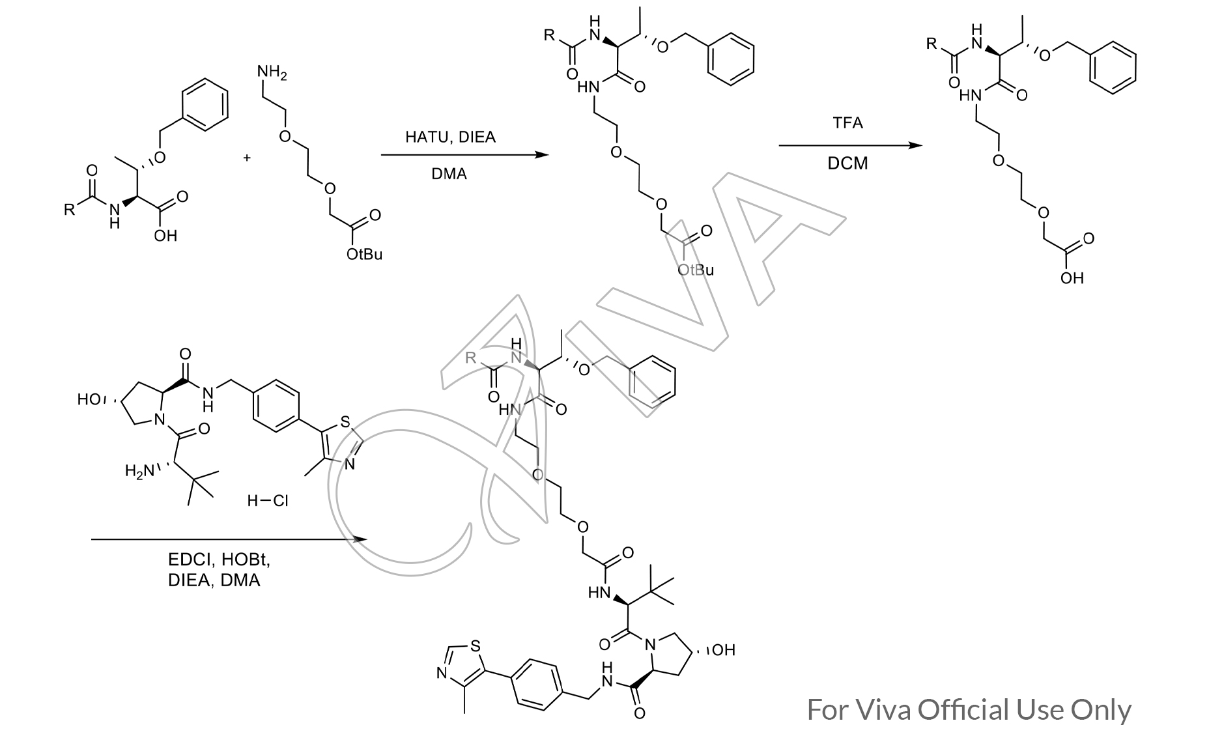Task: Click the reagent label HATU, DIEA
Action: pos(450,137)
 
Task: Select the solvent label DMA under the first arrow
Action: pos(449,174)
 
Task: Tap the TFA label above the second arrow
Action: pos(847,123)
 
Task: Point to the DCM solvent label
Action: pos(847,163)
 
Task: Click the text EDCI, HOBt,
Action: pos(219,560)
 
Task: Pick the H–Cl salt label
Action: pos(268,501)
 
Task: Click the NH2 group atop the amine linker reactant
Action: pos(272,73)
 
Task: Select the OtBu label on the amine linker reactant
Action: pos(365,254)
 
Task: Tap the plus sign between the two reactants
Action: pos(247,158)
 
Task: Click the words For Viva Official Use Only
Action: pos(969,709)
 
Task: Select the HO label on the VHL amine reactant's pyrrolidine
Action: pos(89,399)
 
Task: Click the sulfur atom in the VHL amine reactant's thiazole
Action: pos(345,422)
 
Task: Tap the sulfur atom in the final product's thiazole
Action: pos(476,646)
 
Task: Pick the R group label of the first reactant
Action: pos(69,210)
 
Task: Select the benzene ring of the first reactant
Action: pos(205,106)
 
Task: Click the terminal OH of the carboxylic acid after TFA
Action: pos(1072,278)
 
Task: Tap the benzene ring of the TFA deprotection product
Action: pos(1113,67)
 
